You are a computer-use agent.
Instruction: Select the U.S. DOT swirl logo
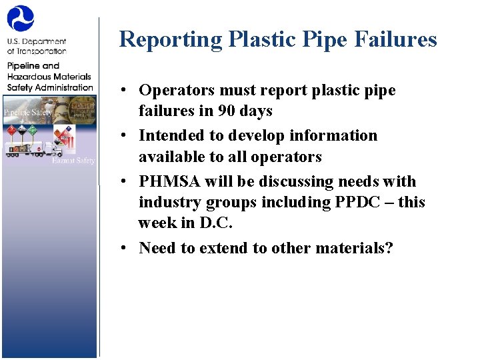click(21, 19)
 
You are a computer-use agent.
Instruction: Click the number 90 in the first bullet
click(227, 111)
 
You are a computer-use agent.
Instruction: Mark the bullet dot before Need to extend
click(125, 249)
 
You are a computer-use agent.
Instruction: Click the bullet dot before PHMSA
click(125, 182)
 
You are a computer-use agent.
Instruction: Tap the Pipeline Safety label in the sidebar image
click(28, 112)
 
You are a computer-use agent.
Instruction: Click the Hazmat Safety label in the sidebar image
click(73, 160)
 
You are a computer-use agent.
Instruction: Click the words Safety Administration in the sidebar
click(50, 87)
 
